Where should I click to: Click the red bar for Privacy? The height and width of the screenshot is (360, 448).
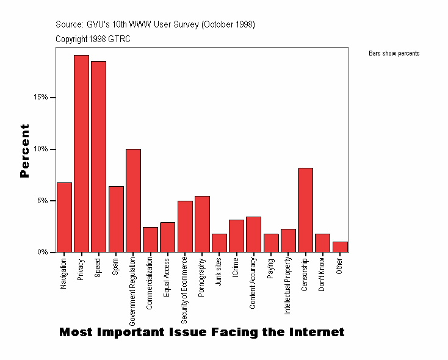(81, 153)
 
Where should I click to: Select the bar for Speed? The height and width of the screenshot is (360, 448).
(98, 156)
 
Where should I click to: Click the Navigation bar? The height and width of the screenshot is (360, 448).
(64, 217)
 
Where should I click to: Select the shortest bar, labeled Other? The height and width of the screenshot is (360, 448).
(340, 247)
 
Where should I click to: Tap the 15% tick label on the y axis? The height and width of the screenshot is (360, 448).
(42, 98)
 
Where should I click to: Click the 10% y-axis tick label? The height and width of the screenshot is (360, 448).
(42, 149)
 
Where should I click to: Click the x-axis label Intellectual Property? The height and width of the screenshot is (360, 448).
(287, 286)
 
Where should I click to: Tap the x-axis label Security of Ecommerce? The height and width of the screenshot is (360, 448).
(184, 286)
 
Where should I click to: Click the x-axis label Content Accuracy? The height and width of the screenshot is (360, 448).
(253, 283)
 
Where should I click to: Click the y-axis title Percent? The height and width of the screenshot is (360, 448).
(24, 150)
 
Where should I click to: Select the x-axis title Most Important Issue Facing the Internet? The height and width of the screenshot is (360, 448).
(201, 333)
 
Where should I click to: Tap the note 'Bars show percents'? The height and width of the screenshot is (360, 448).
(394, 54)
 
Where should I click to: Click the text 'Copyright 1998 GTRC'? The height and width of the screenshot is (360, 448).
(93, 39)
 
